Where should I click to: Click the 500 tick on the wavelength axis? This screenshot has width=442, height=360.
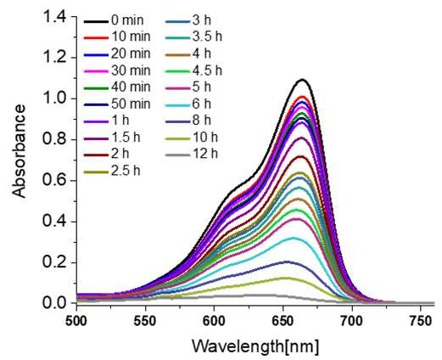[x=76, y=321]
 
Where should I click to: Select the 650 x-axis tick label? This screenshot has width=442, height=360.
[x=283, y=321]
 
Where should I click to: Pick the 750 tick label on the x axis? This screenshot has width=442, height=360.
[x=421, y=321]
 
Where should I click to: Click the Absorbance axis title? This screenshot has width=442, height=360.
[x=20, y=151]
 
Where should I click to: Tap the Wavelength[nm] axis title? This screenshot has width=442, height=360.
[x=255, y=346]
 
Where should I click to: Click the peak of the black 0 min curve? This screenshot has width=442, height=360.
[x=302, y=80]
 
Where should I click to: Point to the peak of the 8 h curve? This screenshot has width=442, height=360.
[x=287, y=262]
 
